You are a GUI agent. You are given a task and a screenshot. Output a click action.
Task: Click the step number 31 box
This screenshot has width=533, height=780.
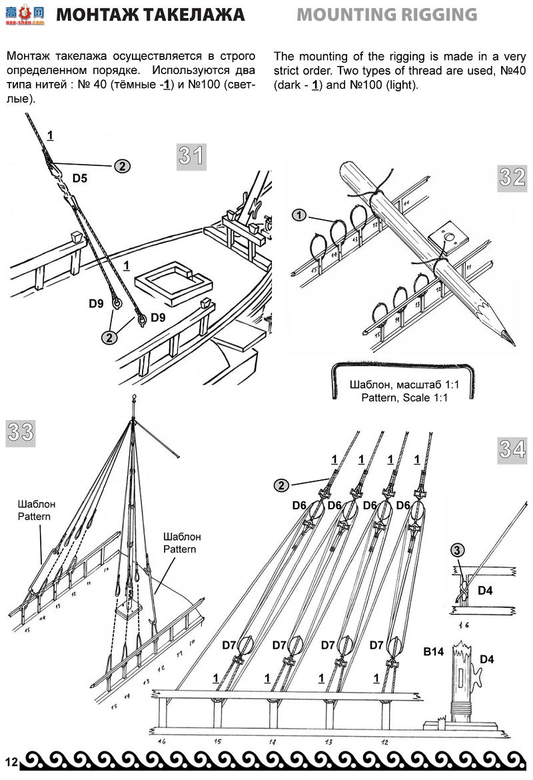tap(191, 157)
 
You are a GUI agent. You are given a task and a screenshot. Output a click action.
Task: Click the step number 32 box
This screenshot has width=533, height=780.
tap(512, 177)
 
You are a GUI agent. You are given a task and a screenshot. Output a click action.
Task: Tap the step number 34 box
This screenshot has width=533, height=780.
tap(512, 449)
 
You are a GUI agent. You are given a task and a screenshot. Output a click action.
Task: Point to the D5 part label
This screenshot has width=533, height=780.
tap(80, 179)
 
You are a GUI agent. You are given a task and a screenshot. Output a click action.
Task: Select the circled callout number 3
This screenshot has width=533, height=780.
tap(458, 550)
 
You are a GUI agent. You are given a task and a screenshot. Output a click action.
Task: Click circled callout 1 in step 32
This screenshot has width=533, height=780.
tap(300, 215)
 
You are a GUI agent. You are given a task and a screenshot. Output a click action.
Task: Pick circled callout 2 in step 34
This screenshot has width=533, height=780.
tap(282, 485)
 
